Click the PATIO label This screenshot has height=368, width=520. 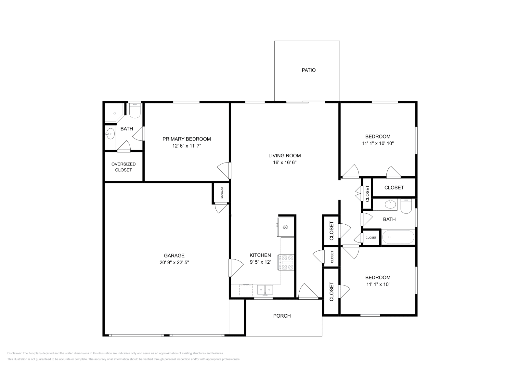[308, 70]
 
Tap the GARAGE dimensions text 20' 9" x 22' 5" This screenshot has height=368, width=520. [174, 263]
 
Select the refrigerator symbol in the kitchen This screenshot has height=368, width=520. [286, 227]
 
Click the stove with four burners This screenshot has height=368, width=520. [286, 262]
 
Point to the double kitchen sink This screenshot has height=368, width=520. [265, 289]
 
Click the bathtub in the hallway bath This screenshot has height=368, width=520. [398, 237]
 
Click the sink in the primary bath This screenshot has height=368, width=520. [110, 134]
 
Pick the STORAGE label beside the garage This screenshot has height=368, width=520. [222, 193]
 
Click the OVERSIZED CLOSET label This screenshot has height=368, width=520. [123, 167]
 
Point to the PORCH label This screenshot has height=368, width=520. [282, 316]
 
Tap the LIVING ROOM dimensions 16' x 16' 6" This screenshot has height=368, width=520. [285, 163]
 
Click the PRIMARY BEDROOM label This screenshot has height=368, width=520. [187, 139]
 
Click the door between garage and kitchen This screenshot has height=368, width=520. [235, 267]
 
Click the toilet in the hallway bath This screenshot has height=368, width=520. [406, 206]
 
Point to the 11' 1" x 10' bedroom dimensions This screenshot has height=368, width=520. [378, 284]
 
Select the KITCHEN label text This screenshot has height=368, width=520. [260, 255]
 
